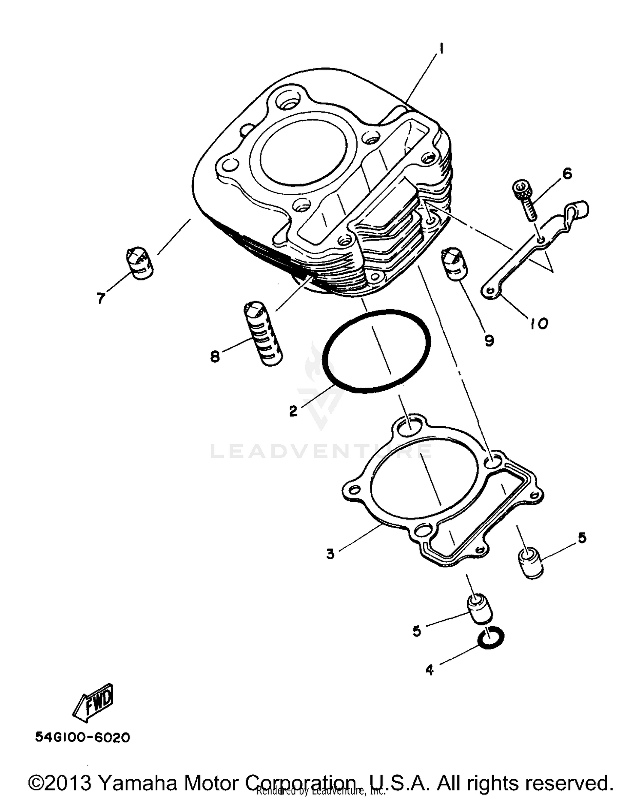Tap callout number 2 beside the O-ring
pyautogui.click(x=293, y=411)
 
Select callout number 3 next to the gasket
pyautogui.click(x=330, y=554)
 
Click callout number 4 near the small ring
pyautogui.click(x=430, y=669)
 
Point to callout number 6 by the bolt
pyautogui.click(x=567, y=174)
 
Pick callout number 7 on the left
pyautogui.click(x=101, y=298)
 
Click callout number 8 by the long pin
pyautogui.click(x=215, y=356)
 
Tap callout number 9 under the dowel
pyautogui.click(x=489, y=340)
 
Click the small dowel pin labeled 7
pyautogui.click(x=139, y=263)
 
